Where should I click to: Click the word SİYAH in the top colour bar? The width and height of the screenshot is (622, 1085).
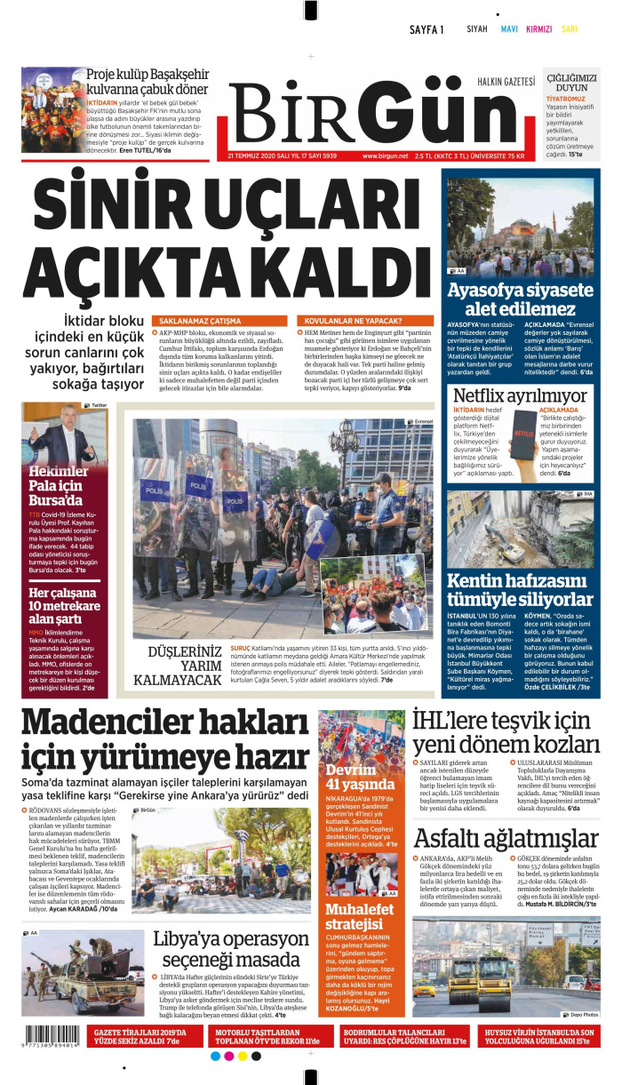pyautogui.click(x=477, y=28)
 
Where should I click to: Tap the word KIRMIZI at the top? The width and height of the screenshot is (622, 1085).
pyautogui.click(x=538, y=28)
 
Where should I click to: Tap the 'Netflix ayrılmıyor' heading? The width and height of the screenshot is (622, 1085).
pyautogui.click(x=520, y=395)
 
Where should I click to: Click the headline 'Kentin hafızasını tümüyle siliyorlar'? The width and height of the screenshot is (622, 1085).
pyautogui.click(x=520, y=590)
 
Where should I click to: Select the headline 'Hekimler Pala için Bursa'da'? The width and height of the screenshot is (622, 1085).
pyautogui.click(x=61, y=484)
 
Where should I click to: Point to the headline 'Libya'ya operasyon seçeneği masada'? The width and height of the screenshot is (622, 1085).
pyautogui.click(x=231, y=949)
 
